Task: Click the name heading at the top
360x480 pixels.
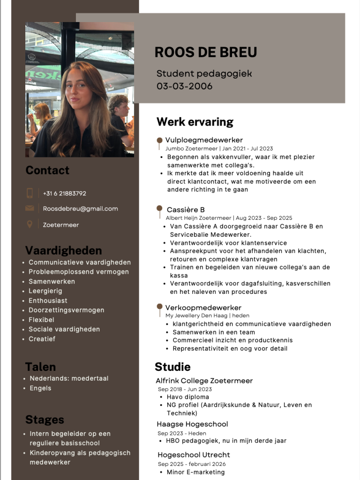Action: coord(206,52)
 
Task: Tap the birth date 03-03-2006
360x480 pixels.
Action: coord(184,86)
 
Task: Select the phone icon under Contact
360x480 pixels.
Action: coord(30,193)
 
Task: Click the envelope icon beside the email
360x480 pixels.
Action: coord(30,209)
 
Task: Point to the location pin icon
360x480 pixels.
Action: coord(30,224)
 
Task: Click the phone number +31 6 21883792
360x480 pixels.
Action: coord(65,193)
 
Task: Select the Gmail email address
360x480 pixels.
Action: coord(80,209)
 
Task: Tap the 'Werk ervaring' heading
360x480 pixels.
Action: coord(195,122)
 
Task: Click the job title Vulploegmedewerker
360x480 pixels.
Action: coord(204,140)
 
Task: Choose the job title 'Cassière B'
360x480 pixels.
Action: coord(186,210)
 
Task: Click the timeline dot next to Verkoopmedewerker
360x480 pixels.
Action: coord(159,307)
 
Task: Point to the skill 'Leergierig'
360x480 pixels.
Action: coord(45,291)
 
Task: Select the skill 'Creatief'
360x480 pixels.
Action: coord(42,339)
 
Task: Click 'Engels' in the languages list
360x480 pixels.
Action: coord(40,388)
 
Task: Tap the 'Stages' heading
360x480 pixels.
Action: coord(45,420)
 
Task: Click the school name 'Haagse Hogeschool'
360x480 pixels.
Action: coord(192,424)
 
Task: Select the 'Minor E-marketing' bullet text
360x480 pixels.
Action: coord(195,472)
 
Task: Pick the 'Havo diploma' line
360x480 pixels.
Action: coord(188,397)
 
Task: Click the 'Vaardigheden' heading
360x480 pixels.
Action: coord(63,250)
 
